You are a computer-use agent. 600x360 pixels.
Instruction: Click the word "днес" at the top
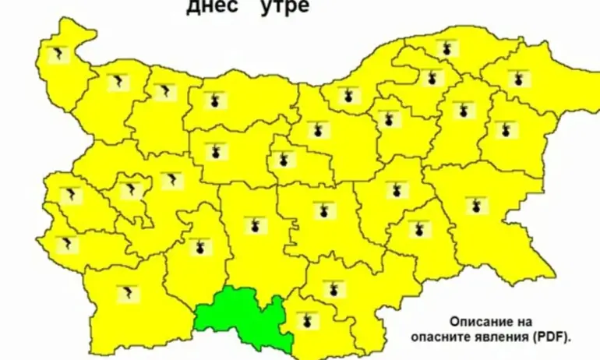pyautogui.click(x=209, y=8)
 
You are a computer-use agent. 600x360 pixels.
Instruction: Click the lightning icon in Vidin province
pyautogui.click(x=58, y=55)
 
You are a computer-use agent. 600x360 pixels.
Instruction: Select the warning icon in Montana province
pyautogui.click(x=118, y=81)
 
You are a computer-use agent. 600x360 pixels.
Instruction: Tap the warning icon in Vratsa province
pyautogui.click(x=164, y=92)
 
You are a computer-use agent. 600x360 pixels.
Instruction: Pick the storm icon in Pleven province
pyautogui.click(x=213, y=102)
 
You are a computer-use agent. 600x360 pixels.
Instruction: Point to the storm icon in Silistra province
pyautogui.click(x=446, y=49)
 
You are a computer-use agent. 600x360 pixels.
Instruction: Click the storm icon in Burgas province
pyautogui.click(x=476, y=206)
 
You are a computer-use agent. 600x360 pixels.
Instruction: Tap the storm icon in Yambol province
pyautogui.click(x=419, y=228)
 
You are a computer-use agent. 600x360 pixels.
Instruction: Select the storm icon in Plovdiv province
pyautogui.click(x=252, y=226)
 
